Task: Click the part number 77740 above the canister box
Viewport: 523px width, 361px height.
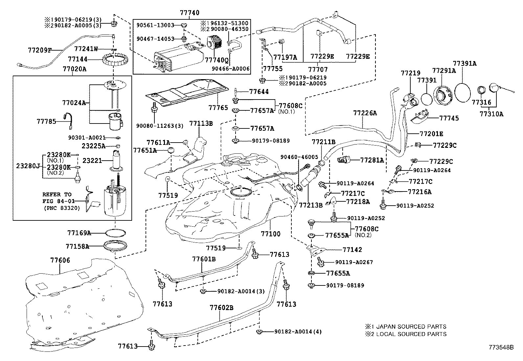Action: tap(190, 13)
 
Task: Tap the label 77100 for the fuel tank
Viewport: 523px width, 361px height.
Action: tap(271, 234)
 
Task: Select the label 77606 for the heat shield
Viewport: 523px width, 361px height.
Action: tap(60, 260)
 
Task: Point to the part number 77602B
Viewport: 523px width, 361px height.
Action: tap(222, 308)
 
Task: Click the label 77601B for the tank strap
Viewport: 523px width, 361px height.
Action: tap(204, 259)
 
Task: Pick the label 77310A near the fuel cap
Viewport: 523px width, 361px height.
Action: tap(491, 114)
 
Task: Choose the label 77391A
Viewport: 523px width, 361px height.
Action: tap(465, 63)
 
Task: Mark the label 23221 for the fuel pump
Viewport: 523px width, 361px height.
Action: tap(92, 161)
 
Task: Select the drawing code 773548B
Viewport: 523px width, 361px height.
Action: tap(501, 347)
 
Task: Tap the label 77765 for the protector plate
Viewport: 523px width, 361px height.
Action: tap(218, 107)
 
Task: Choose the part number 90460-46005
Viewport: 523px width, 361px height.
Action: tap(299, 157)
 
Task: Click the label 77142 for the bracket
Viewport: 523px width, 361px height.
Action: tap(352, 250)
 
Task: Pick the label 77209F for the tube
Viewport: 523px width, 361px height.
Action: tap(40, 50)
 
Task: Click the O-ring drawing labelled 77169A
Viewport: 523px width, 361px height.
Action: tap(115, 233)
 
